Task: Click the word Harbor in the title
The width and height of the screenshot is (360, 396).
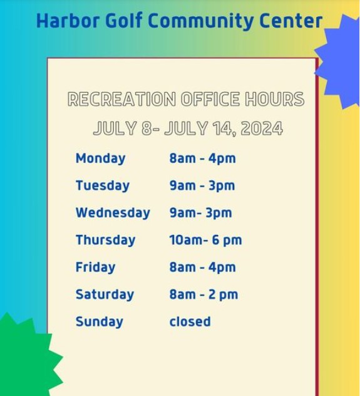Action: coord(68,20)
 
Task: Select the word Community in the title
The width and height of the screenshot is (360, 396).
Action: coord(201,22)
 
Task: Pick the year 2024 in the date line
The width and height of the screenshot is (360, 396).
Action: coord(262,128)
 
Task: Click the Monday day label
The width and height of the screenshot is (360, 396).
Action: coord(100,159)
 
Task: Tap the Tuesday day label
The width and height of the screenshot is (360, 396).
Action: coord(103,186)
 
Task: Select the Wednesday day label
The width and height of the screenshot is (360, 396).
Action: coord(113,213)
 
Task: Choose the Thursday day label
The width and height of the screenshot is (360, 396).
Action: coord(105,240)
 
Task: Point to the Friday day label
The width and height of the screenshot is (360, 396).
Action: coord(95,268)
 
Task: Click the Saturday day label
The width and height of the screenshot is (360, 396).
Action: coord(105,294)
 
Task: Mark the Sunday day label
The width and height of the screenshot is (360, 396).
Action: coord(100,322)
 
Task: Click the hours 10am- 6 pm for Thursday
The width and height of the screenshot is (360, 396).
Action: coord(205,240)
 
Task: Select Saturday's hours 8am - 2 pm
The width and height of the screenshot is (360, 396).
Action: coord(203,294)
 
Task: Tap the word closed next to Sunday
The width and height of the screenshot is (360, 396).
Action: coord(190,321)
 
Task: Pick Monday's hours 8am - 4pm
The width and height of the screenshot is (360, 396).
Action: coord(203,159)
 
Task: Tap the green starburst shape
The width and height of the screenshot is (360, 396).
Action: coord(28,355)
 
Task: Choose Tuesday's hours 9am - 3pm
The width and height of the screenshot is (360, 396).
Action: coord(202,186)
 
